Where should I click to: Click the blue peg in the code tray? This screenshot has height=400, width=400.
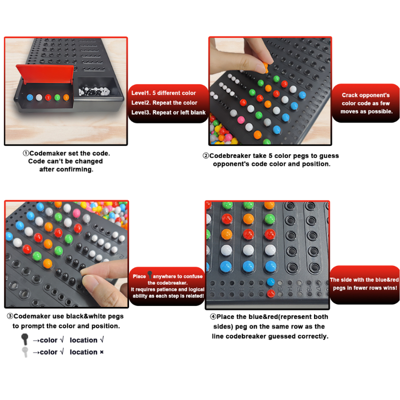click(30, 97)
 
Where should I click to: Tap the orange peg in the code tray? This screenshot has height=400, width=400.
click(66, 97)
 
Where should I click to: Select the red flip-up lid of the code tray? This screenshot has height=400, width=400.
click(45, 74)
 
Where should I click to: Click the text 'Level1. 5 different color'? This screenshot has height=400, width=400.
click(163, 93)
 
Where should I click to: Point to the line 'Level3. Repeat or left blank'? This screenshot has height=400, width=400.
click(168, 112)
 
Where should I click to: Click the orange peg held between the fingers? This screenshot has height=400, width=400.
click(265, 66)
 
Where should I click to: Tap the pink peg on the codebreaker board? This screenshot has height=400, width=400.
click(241, 119)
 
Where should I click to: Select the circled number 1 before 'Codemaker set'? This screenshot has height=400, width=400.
click(26, 153)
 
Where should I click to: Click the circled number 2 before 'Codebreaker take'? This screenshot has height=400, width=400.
click(206, 155)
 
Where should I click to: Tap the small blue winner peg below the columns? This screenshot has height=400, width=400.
click(270, 282)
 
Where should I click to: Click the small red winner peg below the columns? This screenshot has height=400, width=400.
click(270, 293)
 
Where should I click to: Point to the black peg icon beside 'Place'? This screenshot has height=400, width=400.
click(149, 274)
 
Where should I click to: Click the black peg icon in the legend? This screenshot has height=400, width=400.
click(24, 339)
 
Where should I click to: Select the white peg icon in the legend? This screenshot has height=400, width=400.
click(25, 352)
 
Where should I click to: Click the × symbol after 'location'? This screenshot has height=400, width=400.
click(101, 352)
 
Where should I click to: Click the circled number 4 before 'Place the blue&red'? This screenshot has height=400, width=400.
click(213, 317)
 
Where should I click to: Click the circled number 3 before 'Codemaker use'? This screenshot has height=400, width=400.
click(10, 316)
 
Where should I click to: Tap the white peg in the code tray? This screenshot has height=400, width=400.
click(39, 97)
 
